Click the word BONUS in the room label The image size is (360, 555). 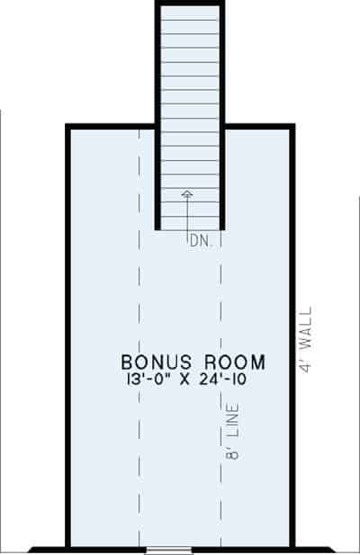point(154,363)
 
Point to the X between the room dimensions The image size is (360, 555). point(184,380)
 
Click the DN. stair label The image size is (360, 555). point(201,240)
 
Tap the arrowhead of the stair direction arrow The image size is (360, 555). point(186,192)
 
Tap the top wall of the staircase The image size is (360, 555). point(190,4)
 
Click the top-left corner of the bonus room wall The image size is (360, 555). point(68,128)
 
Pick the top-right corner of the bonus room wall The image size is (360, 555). point(292,128)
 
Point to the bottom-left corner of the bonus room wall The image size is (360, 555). point(68,547)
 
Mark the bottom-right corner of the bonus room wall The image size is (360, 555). point(292,547)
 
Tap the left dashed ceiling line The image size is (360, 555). point(139,360)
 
